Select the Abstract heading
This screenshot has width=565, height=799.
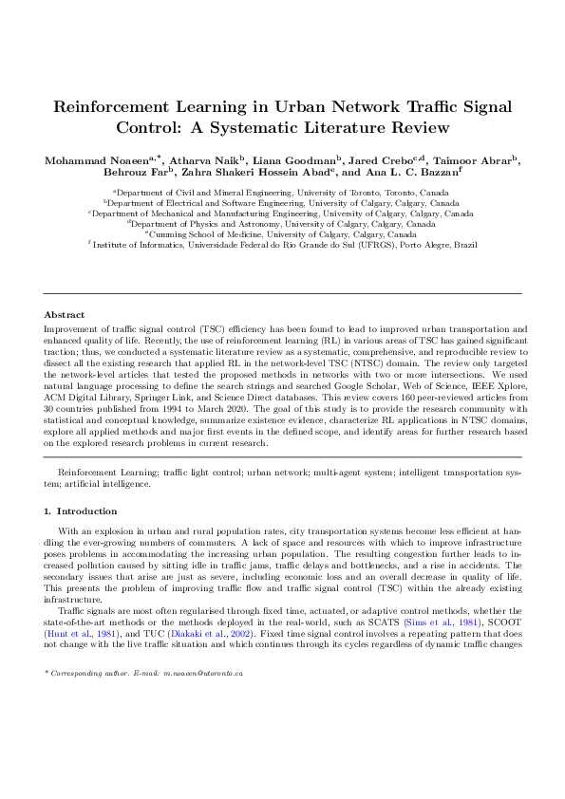65,315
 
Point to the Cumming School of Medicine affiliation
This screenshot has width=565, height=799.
282,233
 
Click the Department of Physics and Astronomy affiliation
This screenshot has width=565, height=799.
282,223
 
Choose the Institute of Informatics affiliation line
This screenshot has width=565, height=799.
282,244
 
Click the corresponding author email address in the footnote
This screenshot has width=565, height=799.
197,752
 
